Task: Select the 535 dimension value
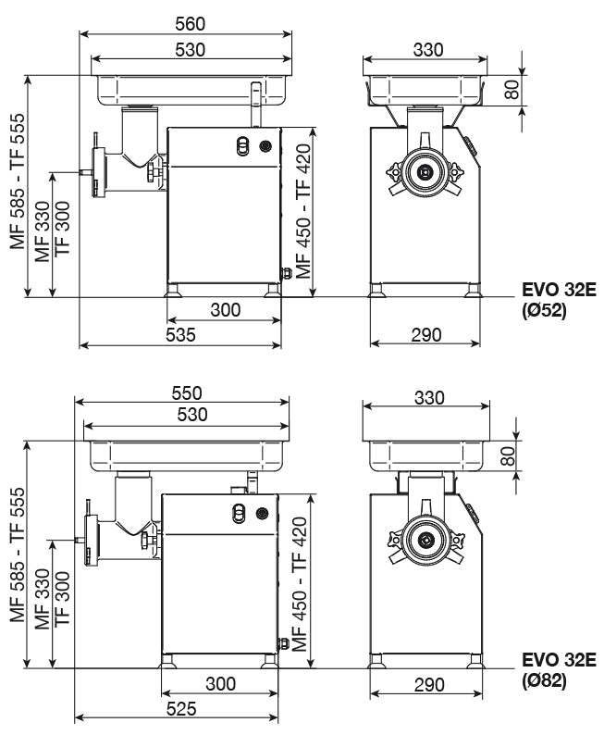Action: point(181,335)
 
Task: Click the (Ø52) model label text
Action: point(543,312)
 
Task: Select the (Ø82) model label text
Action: point(543,681)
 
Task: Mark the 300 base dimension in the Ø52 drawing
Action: point(225,309)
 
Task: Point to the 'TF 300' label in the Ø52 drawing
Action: point(63,231)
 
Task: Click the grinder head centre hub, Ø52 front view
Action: point(425,171)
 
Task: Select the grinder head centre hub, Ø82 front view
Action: point(425,542)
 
